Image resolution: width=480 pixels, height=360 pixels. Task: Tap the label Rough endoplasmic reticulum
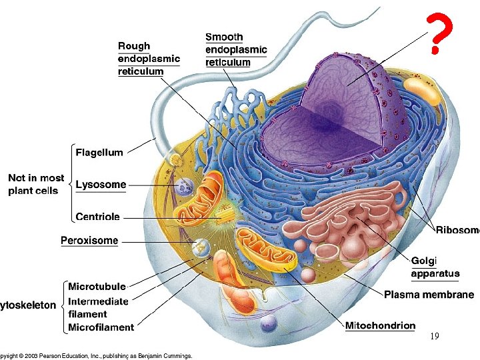pyautogui.click(x=149, y=59)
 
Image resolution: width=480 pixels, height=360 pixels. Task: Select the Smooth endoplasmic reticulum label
pyautogui.click(x=236, y=49)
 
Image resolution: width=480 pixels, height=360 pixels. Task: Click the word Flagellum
pyautogui.click(x=99, y=152)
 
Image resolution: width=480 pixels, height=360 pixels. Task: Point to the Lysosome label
pyautogui.click(x=101, y=185)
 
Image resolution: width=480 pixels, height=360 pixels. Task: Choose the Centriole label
pyautogui.click(x=98, y=217)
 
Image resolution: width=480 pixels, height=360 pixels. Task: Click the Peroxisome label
pyautogui.click(x=89, y=240)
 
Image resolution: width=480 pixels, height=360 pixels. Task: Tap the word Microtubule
pyautogui.click(x=97, y=287)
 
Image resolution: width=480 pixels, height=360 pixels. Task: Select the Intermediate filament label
pyautogui.click(x=98, y=307)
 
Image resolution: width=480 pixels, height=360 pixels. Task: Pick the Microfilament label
pyautogui.click(x=101, y=327)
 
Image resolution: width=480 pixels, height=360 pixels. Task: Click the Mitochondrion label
pyautogui.click(x=380, y=326)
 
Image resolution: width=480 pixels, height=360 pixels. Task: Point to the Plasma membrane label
pyautogui.click(x=429, y=295)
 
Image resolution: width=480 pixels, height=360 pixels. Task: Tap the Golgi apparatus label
pyautogui.click(x=435, y=267)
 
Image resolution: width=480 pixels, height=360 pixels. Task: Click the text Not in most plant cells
pyautogui.click(x=36, y=184)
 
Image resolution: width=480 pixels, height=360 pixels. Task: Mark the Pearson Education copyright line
pyautogui.click(x=97, y=355)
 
